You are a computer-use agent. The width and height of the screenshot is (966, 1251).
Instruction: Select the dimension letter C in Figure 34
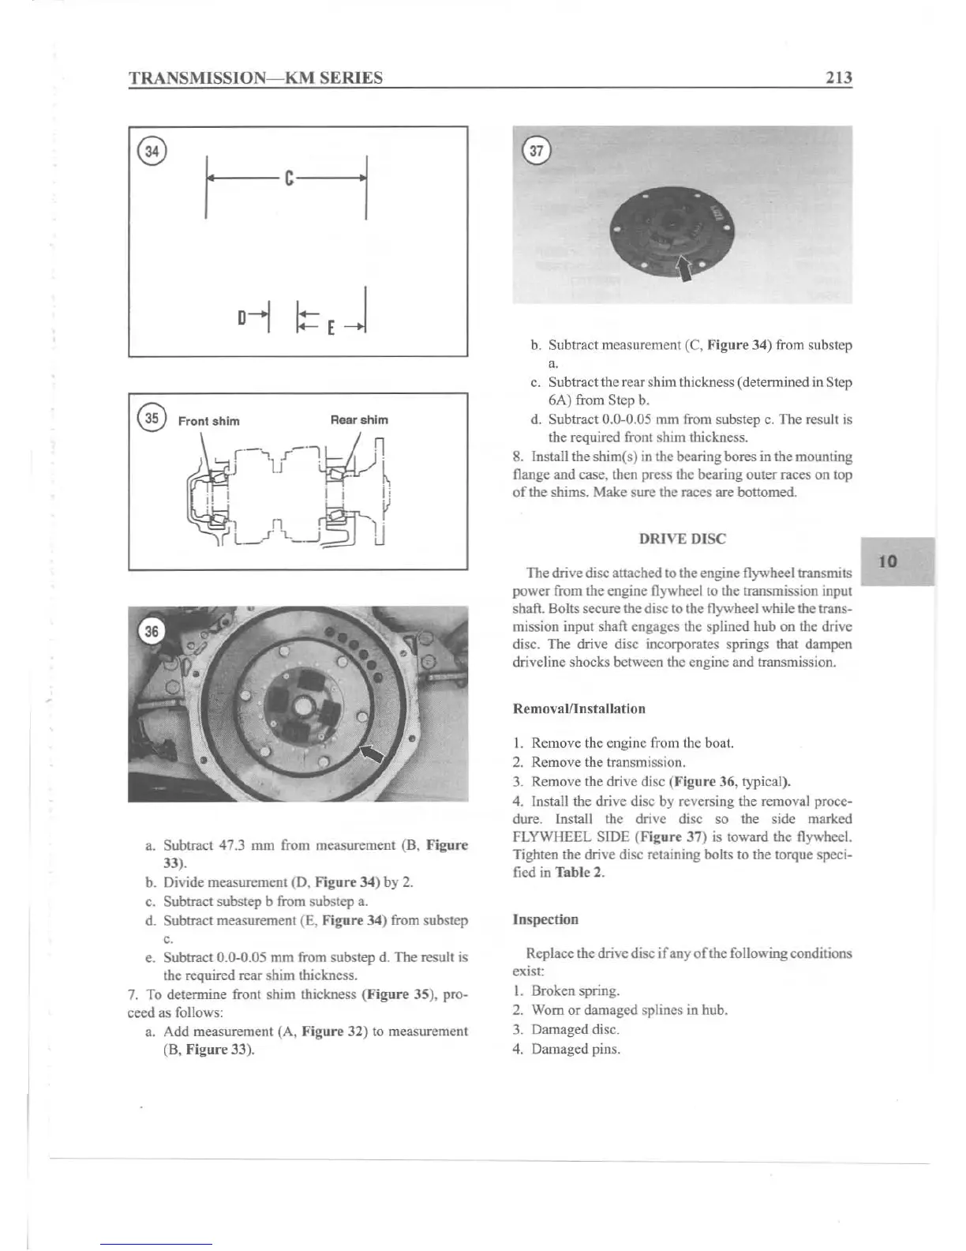click(x=289, y=179)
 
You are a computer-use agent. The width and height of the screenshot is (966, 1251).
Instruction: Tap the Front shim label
click(x=208, y=420)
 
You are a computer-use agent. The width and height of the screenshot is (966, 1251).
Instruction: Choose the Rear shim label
click(x=359, y=419)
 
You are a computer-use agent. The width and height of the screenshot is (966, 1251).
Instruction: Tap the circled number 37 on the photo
click(x=537, y=151)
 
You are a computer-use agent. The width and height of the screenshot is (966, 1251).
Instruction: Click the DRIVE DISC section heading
click(x=682, y=539)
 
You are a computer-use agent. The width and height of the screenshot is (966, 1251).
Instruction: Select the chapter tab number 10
click(x=888, y=562)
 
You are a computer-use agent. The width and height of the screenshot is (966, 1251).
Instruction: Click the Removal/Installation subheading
click(x=578, y=708)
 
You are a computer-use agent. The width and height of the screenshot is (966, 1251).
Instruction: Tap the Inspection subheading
click(x=545, y=919)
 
